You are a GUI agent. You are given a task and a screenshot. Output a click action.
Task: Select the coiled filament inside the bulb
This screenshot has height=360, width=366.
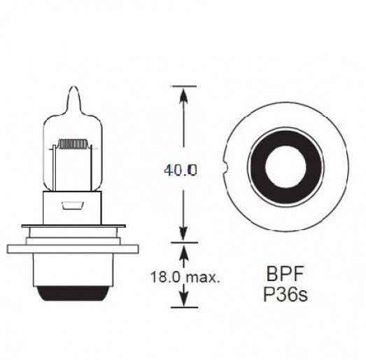click(x=71, y=145)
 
